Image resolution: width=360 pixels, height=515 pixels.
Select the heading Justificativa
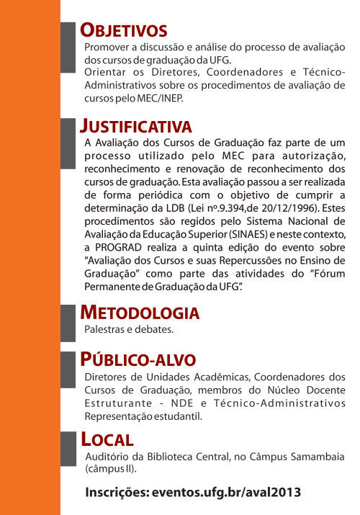(136, 127)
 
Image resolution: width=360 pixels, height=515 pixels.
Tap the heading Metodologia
(140, 313)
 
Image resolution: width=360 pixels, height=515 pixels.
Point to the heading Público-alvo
(138, 359)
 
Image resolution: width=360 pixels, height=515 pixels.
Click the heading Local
(107, 439)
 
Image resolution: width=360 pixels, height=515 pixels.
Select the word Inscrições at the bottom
(116, 493)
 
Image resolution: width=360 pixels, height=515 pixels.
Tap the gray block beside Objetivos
(68, 46)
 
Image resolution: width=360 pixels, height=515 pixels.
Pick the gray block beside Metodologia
(68, 321)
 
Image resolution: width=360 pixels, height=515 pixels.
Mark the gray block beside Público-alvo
(68, 371)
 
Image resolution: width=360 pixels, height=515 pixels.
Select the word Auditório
(107, 457)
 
